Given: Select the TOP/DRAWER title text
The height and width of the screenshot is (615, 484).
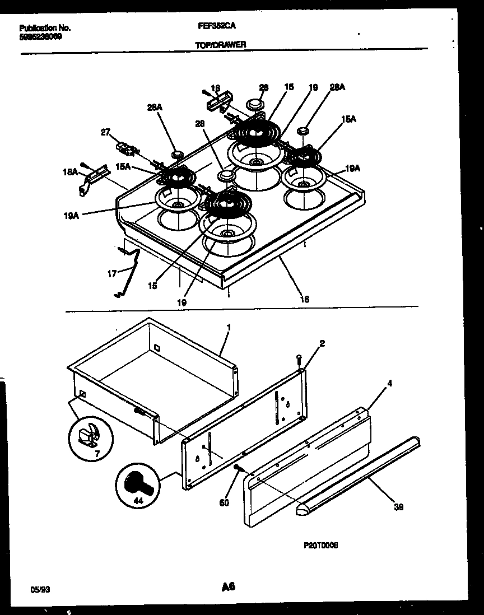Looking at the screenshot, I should (x=221, y=44).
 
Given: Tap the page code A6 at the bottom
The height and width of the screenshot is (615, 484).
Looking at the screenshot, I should (x=227, y=587).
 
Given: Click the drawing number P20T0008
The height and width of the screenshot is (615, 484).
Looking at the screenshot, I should (x=322, y=544).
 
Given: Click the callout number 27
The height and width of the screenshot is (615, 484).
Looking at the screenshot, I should (x=105, y=132).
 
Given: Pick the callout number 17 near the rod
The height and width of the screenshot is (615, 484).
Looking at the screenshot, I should (x=112, y=274).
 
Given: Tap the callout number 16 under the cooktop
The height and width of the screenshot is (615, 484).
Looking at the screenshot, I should (x=304, y=300).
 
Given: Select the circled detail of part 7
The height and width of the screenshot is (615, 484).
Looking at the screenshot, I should (x=91, y=435).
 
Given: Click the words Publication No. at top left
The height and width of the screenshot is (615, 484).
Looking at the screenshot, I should (x=45, y=27).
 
